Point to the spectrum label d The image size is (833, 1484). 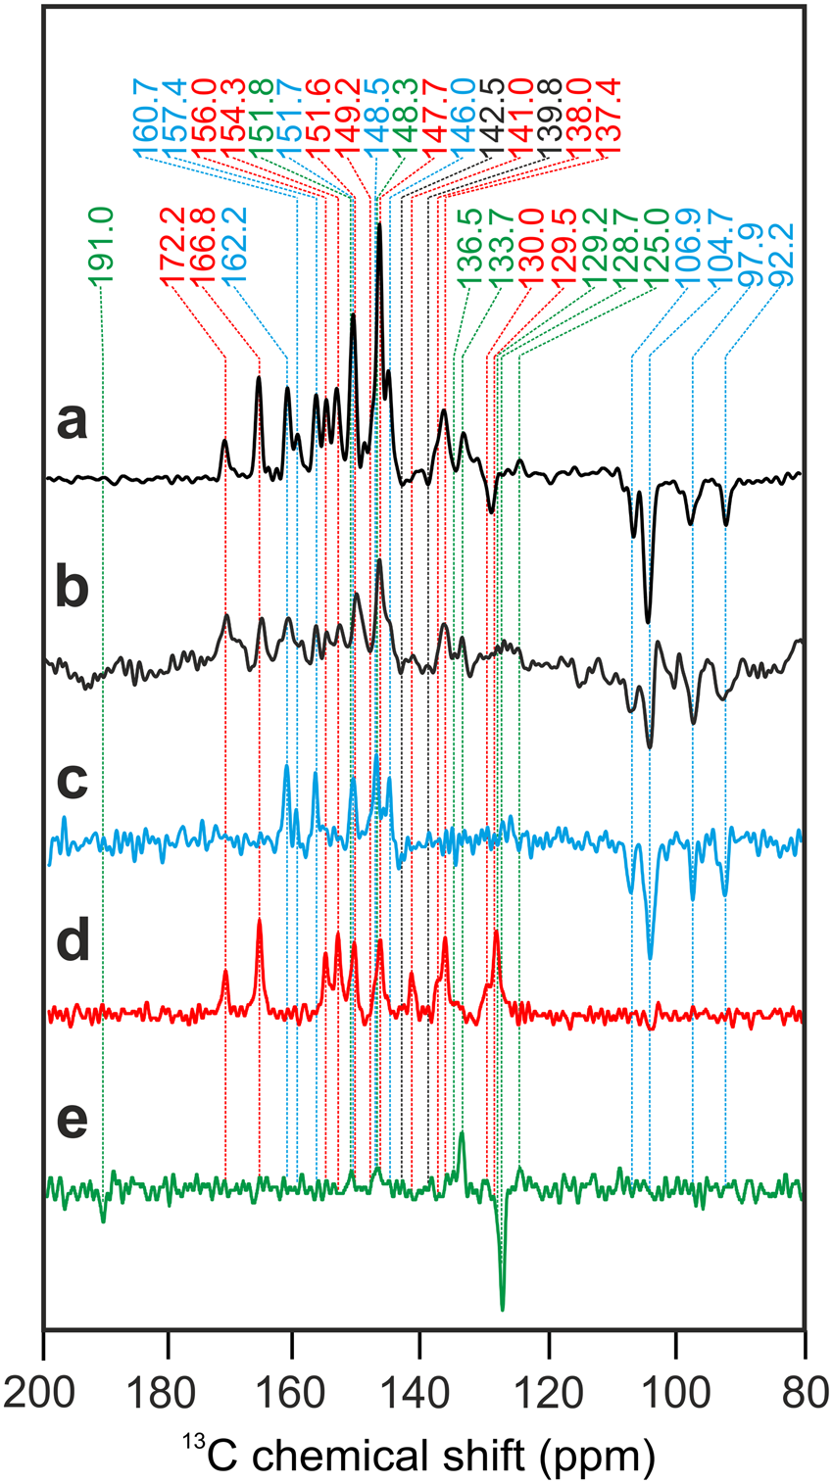pos(72,946)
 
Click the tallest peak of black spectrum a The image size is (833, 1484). pos(379,226)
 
